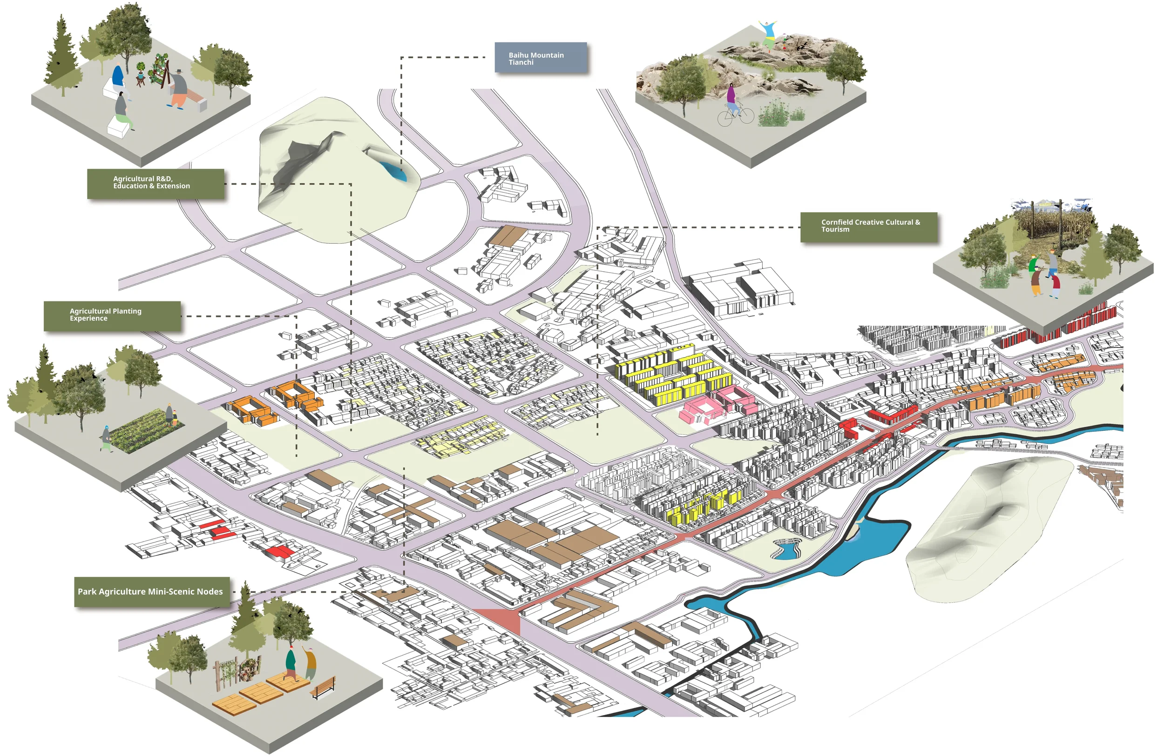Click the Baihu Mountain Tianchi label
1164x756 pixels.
tap(541, 58)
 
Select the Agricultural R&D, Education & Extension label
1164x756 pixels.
tap(156, 183)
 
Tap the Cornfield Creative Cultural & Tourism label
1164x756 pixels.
tap(869, 227)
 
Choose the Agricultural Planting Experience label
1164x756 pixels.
tap(112, 315)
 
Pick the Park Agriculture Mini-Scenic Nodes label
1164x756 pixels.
tap(152, 591)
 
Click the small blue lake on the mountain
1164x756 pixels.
tap(395, 171)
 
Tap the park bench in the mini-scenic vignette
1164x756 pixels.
tap(323, 687)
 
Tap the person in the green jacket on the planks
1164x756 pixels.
tap(291, 662)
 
